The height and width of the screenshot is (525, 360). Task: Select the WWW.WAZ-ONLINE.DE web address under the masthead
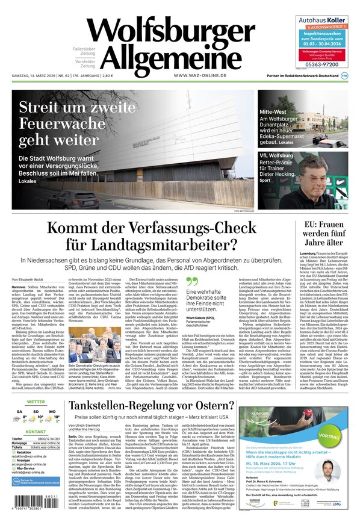[x=199, y=75]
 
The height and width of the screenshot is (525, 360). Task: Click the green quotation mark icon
[x=192, y=282]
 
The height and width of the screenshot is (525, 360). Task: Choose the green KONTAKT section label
[x=36, y=432]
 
